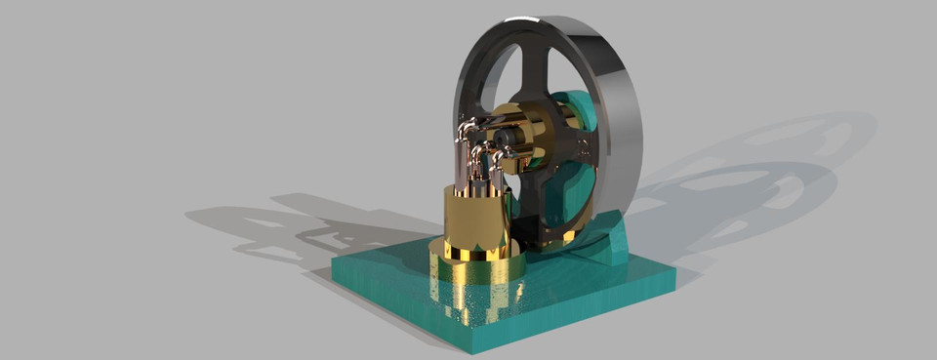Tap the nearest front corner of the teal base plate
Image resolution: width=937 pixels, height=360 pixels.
click(472, 347)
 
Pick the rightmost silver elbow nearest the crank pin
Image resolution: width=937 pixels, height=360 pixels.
click(500, 154)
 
